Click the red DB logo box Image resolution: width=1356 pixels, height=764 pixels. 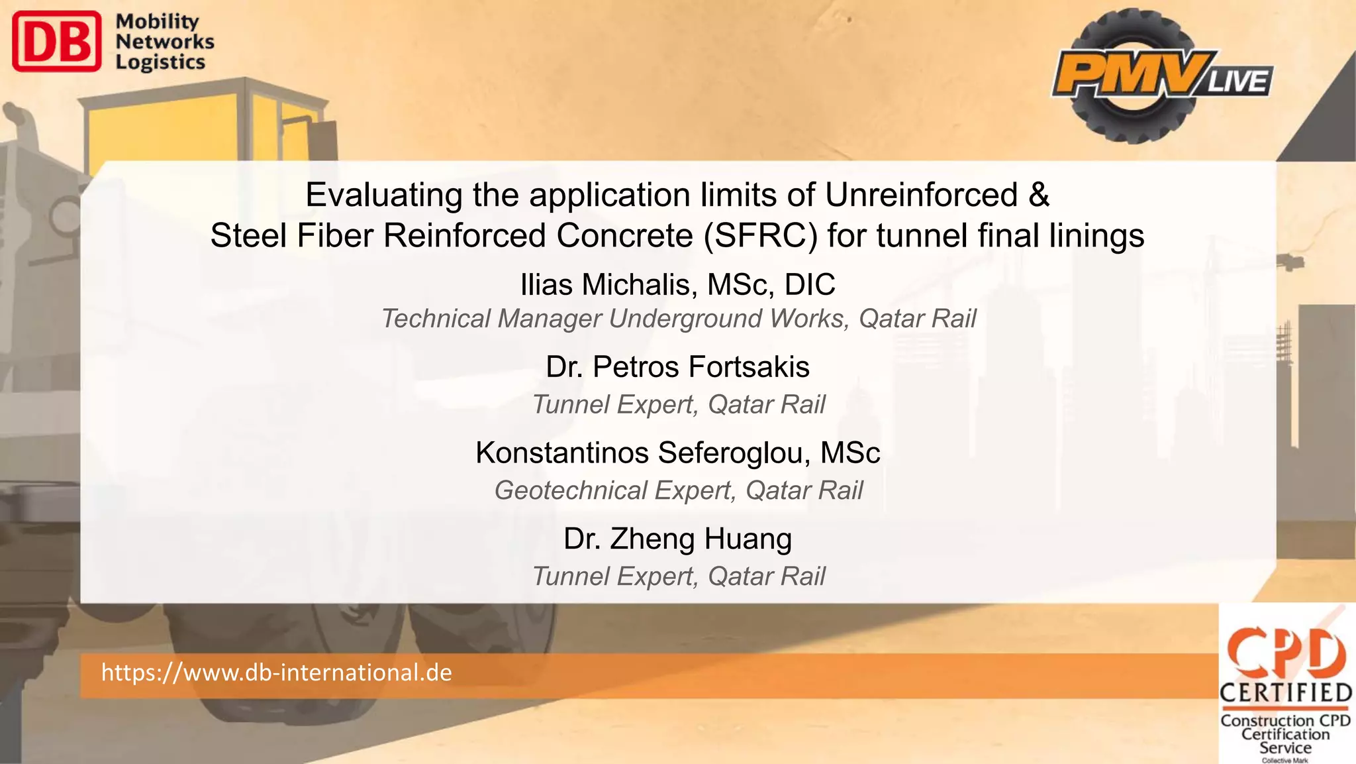(x=57, y=41)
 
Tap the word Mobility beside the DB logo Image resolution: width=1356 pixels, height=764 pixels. (x=157, y=21)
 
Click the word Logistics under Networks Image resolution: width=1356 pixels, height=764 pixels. (x=160, y=62)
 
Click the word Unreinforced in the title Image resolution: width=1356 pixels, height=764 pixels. (x=921, y=195)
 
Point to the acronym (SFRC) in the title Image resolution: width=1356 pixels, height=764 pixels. (x=761, y=236)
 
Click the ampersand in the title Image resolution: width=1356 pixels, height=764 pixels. (x=1040, y=195)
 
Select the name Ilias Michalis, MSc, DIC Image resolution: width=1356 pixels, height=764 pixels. (x=677, y=285)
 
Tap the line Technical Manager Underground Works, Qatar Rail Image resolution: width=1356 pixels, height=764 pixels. (x=678, y=319)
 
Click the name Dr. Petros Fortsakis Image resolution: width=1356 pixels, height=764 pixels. (x=677, y=367)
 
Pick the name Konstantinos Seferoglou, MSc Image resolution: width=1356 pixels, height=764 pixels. (x=677, y=453)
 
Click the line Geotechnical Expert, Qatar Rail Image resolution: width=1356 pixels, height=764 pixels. (x=678, y=491)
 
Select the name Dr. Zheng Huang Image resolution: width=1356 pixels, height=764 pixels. (x=677, y=539)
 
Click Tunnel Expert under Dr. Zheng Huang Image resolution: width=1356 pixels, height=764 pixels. (x=678, y=576)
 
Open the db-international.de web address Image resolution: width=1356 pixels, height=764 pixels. (x=276, y=673)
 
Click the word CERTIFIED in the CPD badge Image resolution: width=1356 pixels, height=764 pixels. (x=1285, y=693)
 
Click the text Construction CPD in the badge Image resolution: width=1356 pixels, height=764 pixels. (x=1285, y=720)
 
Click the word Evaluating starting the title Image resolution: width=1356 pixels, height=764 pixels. (x=383, y=195)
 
